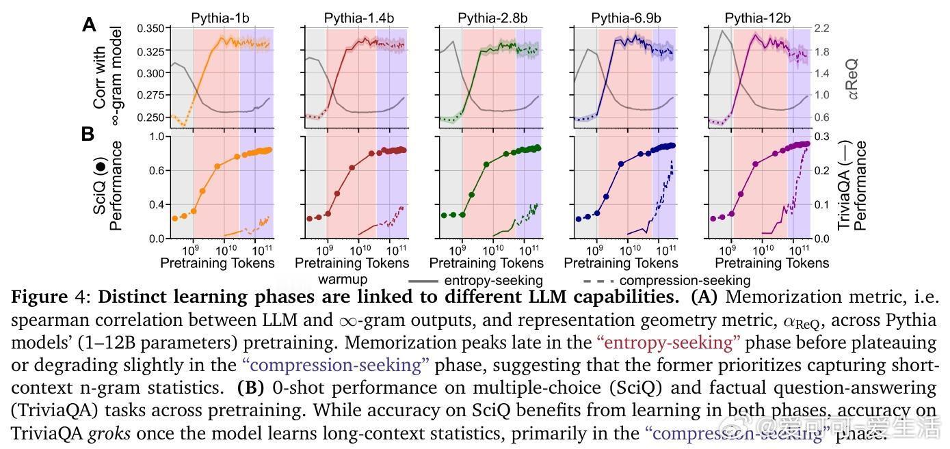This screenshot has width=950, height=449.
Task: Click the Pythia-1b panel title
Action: (217, 18)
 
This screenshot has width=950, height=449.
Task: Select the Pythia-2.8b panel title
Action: (486, 18)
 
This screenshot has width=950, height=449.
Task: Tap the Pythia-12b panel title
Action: (758, 18)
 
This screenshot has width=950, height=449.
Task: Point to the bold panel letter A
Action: (89, 25)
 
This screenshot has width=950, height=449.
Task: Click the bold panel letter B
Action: (88, 134)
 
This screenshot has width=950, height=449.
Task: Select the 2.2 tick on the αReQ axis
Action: (821, 29)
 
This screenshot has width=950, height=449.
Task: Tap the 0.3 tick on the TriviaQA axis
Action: (821, 137)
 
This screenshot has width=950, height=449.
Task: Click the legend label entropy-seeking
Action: (493, 280)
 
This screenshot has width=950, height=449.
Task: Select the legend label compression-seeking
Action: (685, 280)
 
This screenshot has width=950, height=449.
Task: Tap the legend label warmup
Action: (343, 279)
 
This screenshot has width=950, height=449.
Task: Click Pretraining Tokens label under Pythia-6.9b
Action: (621, 263)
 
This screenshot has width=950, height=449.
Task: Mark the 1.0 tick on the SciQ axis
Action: (157, 137)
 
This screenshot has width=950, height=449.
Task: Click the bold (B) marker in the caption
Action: (250, 387)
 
